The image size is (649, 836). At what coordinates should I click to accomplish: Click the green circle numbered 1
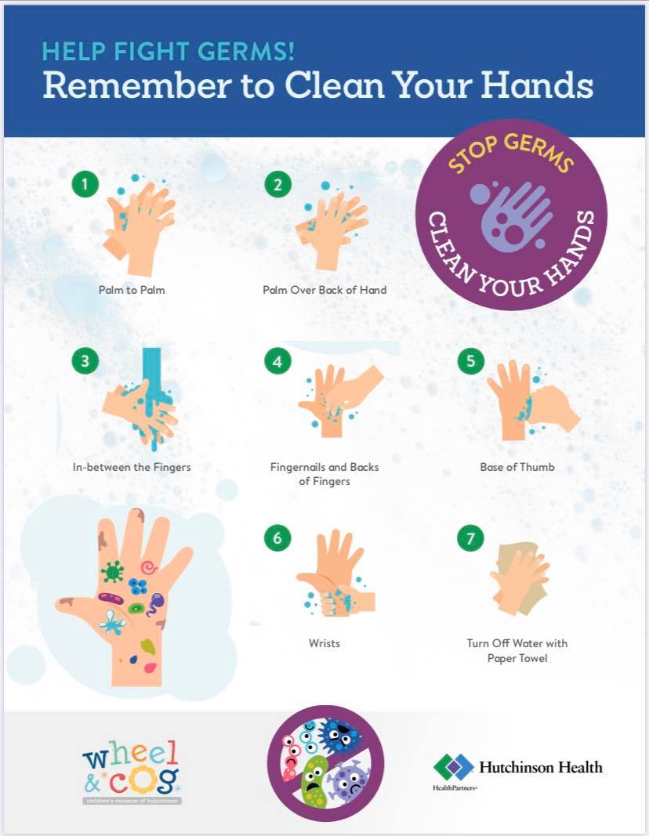pos(85,184)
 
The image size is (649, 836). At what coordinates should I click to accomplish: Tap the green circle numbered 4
pos(277,361)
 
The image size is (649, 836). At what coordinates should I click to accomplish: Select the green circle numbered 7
pos(470,537)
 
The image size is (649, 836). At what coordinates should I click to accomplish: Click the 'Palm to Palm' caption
pos(132,290)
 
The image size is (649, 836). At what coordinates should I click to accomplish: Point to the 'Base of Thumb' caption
pos(517,467)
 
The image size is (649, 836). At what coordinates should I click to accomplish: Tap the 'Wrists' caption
pos(324,643)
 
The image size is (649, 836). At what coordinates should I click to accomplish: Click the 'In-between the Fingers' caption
pos(132,467)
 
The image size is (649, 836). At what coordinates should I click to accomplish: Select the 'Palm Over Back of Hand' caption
pos(324,290)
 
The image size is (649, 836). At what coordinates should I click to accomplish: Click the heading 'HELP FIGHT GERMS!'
pos(168,52)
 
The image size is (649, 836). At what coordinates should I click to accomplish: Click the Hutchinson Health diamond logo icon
pos(453,768)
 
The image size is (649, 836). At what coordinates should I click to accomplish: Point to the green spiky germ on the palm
pos(113,572)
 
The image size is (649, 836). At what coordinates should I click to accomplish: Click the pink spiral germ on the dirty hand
pos(149,567)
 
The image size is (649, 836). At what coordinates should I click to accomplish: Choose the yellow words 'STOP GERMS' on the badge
pos(511,153)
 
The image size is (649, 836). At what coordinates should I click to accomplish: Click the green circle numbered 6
pos(277,537)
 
